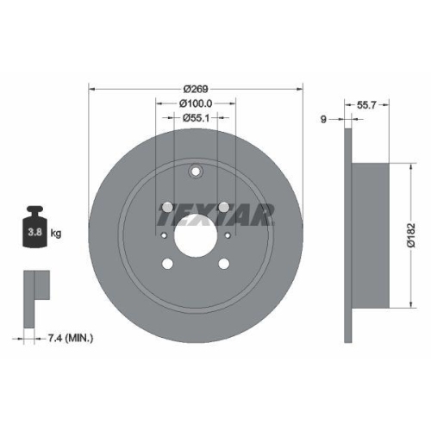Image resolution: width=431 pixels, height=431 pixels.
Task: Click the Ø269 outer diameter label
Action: point(197,88)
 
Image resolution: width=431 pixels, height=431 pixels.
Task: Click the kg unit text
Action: point(55,233)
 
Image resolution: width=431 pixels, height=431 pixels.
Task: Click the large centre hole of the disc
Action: point(197,234)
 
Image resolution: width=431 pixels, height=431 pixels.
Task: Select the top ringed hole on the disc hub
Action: point(197,171)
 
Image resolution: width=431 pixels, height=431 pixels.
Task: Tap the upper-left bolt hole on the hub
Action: point(166,209)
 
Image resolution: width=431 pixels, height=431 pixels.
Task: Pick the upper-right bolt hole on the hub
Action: point(226,209)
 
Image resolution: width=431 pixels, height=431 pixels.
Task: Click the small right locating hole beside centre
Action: point(228,234)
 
